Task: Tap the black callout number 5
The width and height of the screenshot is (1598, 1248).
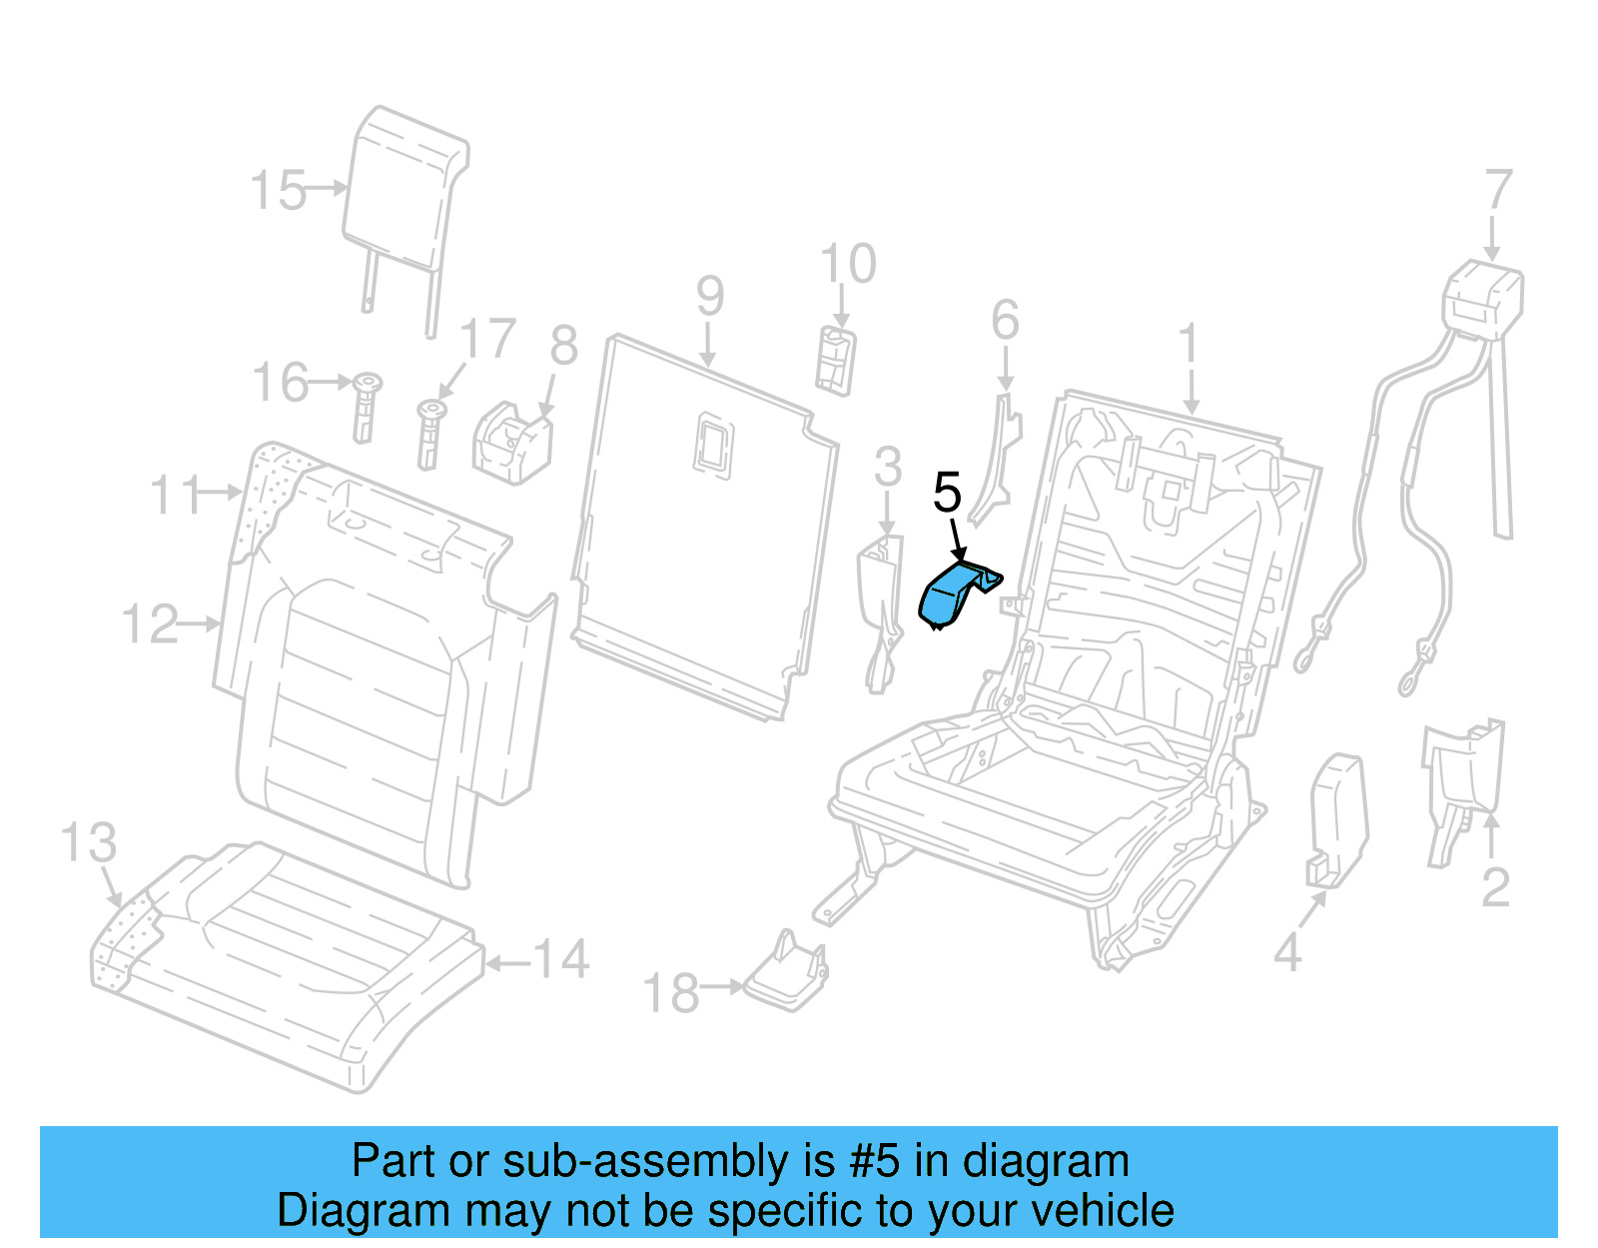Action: click(947, 493)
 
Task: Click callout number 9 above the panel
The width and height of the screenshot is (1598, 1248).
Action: click(709, 297)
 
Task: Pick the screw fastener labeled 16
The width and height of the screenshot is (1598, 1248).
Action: click(367, 406)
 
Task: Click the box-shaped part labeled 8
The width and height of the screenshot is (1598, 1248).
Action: click(511, 444)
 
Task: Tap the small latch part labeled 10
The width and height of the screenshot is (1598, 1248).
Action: click(836, 359)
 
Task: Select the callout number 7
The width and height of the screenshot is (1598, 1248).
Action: click(1498, 190)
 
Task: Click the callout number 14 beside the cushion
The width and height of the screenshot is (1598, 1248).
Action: click(561, 959)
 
